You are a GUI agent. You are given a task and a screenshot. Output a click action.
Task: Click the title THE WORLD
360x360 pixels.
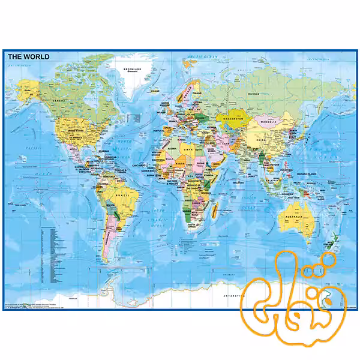coord(29,57)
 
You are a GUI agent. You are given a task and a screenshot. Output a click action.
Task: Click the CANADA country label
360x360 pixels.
coord(59,100)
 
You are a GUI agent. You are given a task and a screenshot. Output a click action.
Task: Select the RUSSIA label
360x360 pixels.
coord(254,94)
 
